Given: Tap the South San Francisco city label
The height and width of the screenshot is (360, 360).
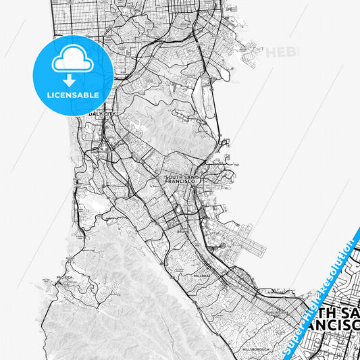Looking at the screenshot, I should pyautogui.click(x=180, y=180).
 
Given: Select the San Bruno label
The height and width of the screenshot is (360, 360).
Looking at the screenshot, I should pyautogui.click(x=181, y=230).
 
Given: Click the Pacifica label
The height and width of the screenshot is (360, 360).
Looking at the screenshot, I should pyautogui.click(x=64, y=277).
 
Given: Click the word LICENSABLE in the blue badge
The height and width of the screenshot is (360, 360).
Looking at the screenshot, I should pyautogui.click(x=74, y=95).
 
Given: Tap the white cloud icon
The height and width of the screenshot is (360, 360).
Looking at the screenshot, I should pyautogui.click(x=73, y=61).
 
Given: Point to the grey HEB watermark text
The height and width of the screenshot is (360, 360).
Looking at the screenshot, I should pyautogui.click(x=280, y=52).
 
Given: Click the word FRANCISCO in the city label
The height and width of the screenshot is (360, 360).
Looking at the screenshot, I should pyautogui.click(x=180, y=183).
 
